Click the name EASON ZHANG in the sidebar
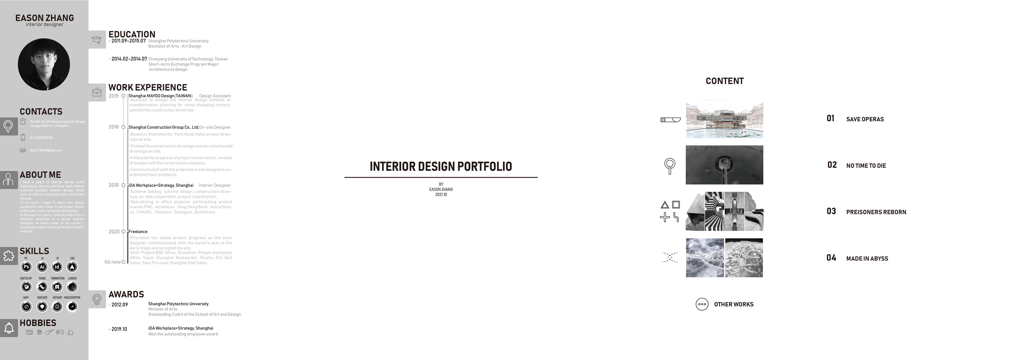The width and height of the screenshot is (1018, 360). (x=45, y=18)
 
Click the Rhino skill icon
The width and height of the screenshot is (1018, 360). (x=42, y=287)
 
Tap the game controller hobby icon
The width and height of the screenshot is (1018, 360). (x=60, y=332)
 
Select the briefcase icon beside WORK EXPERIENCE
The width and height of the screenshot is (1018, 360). (x=97, y=93)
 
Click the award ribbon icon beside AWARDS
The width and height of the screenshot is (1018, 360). (x=97, y=299)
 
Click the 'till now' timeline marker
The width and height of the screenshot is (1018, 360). (x=123, y=262)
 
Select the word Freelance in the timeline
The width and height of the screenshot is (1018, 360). (x=138, y=232)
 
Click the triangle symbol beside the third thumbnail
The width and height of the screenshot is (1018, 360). (x=665, y=205)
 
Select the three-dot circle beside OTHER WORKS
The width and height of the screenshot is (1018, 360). (x=702, y=304)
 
